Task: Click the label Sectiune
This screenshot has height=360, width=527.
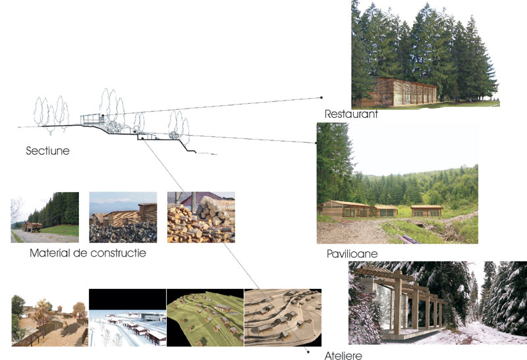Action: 47,151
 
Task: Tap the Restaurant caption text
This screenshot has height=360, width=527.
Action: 351,115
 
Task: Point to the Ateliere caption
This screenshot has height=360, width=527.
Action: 343,356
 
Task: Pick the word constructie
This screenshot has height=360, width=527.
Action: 117,253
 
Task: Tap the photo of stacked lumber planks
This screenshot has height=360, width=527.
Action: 123,217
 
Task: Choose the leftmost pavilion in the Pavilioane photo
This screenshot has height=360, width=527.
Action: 347,209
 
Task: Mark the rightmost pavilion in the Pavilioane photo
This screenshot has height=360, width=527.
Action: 426,211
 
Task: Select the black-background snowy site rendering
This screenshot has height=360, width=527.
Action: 127,317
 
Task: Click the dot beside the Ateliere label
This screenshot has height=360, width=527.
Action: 308,351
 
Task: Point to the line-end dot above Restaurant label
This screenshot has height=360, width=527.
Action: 321,97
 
